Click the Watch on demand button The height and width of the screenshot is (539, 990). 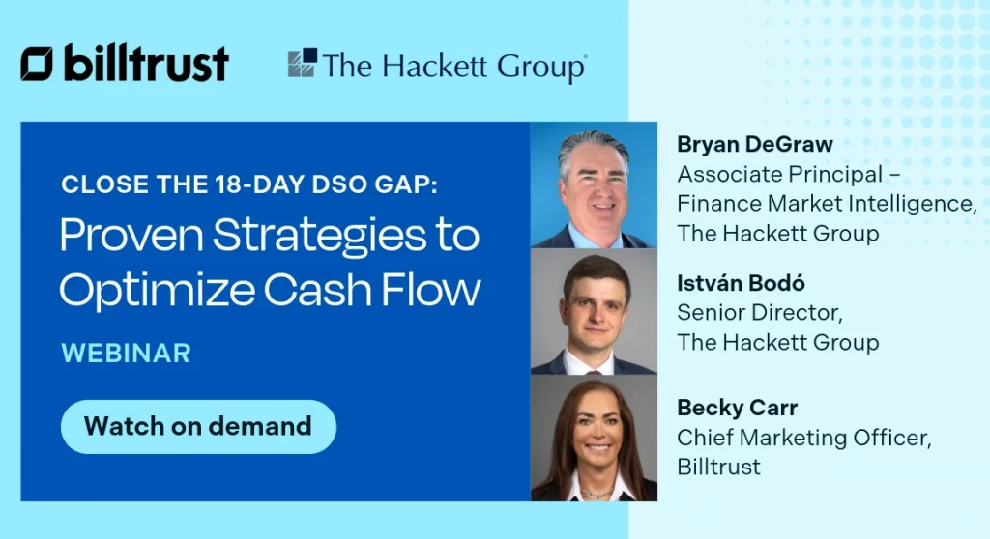198,426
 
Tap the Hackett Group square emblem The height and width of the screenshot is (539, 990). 302,64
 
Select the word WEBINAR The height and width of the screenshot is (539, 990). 126,353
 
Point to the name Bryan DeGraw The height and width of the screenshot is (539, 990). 755,145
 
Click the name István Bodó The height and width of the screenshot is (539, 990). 741,283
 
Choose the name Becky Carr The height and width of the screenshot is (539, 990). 737,409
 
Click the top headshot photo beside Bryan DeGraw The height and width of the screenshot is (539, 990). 594,185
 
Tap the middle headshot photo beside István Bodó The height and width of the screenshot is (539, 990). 594,311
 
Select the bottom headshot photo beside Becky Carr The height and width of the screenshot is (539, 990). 594,438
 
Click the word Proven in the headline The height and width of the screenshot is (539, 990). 124,235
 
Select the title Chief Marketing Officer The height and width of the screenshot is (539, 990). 803,438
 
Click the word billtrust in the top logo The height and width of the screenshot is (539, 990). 146,64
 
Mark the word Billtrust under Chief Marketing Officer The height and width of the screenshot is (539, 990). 718,468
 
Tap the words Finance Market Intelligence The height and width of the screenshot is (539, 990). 826,204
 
